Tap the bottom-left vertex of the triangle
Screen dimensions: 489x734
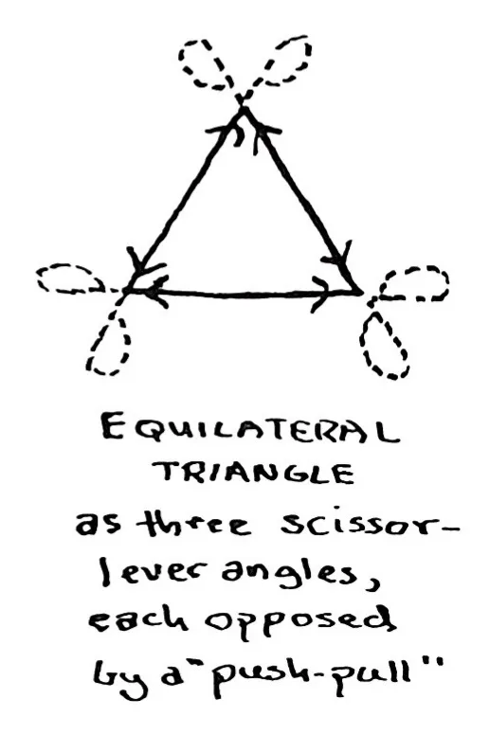click(x=126, y=291)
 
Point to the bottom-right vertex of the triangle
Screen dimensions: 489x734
click(x=361, y=294)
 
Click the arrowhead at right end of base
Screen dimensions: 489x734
click(x=322, y=294)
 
